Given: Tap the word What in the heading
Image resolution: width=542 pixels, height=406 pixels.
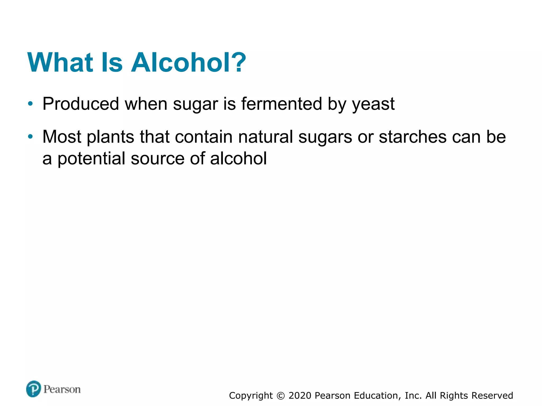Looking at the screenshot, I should pyautogui.click(x=60, y=62).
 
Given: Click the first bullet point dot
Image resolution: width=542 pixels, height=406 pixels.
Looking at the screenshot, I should pyautogui.click(x=30, y=104).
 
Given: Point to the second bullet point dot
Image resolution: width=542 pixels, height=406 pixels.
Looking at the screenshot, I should pyautogui.click(x=30, y=137).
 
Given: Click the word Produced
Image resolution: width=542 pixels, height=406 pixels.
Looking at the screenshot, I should pyautogui.click(x=80, y=104).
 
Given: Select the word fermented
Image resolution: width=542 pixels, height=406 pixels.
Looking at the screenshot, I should pyautogui.click(x=281, y=104).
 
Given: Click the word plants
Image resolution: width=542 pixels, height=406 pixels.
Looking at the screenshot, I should pyautogui.click(x=110, y=137).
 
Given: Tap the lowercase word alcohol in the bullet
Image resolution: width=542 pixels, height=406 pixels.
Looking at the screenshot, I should pyautogui.click(x=238, y=159).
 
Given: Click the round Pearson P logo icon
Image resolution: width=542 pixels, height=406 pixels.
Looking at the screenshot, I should pyautogui.click(x=34, y=389).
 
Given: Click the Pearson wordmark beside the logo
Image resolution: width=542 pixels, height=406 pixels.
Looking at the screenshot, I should pyautogui.click(x=62, y=389).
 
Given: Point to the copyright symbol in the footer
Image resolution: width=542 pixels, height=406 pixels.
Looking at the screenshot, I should pyautogui.click(x=281, y=396).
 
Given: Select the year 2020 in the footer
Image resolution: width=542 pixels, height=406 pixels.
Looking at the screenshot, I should pyautogui.click(x=300, y=395).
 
